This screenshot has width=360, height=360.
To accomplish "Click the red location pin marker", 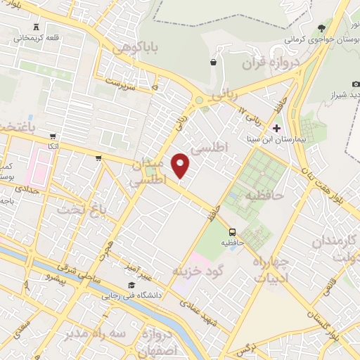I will pos(181,165).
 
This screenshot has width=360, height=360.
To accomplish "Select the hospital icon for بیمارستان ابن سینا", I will pos(277,129).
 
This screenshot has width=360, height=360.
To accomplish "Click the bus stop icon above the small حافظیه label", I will pos(231,233).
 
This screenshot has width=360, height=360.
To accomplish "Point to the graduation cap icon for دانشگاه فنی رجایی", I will pos(131,285).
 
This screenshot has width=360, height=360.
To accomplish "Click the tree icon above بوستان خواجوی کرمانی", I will pos(322,27).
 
